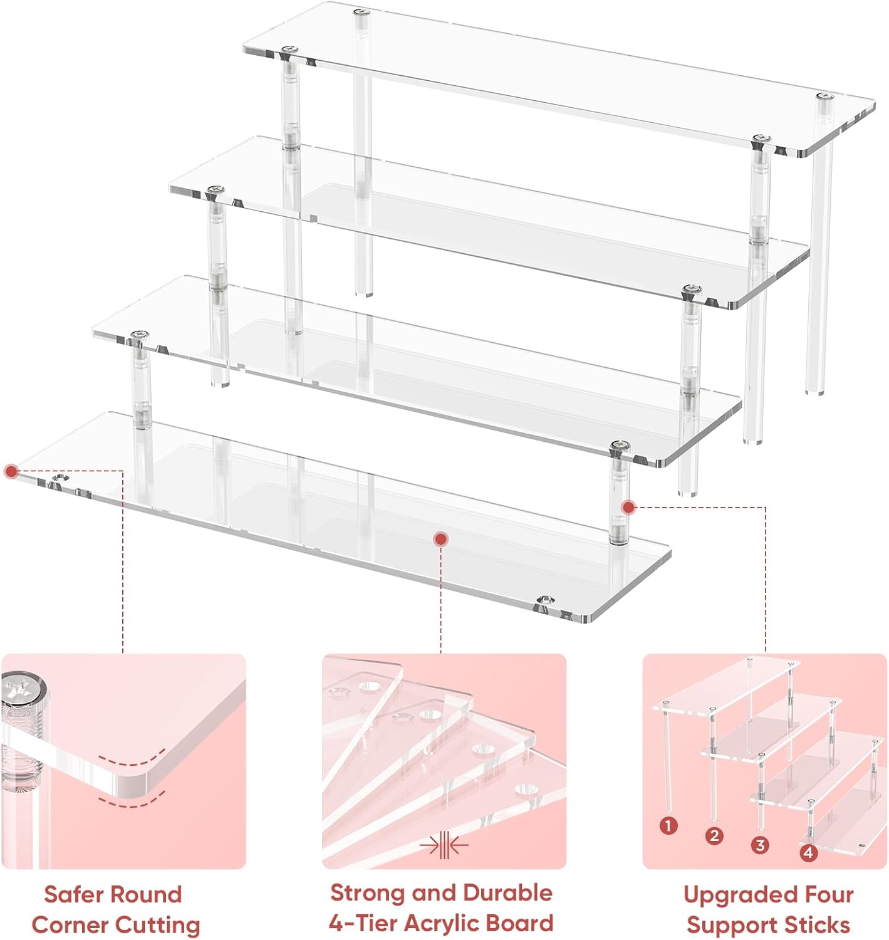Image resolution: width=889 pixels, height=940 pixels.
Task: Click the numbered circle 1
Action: pos(668,826)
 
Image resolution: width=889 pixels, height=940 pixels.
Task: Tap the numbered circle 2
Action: pos(714,835)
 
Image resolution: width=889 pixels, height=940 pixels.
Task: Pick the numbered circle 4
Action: pos(808,852)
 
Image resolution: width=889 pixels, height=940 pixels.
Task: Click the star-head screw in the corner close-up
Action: pos(21,689)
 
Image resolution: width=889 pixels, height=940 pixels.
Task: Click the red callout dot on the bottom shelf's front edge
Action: pos(440,540)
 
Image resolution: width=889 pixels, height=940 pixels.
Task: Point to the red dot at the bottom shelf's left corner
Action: pos(11,471)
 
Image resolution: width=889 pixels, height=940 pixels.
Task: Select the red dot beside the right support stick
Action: pos(629,506)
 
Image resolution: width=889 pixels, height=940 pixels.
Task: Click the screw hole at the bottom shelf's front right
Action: pos(545,600)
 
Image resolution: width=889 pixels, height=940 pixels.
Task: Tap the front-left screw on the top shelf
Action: pos(288,50)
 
